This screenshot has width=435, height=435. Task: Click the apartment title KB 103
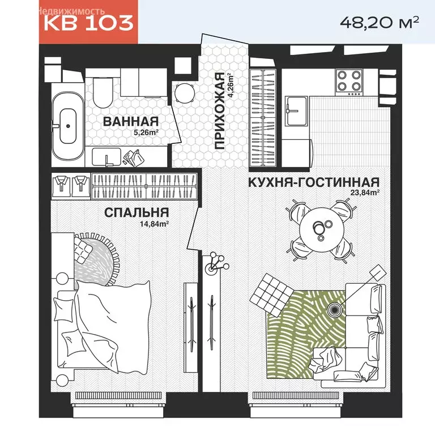[x=88, y=23]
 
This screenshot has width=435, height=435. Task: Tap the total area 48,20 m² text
[x=379, y=22]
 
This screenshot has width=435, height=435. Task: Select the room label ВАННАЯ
[x=130, y=121]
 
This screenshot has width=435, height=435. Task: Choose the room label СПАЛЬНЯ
[x=136, y=212]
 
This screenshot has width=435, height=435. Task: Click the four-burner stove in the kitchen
[x=349, y=80]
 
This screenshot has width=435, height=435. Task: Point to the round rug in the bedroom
[x=96, y=258]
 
